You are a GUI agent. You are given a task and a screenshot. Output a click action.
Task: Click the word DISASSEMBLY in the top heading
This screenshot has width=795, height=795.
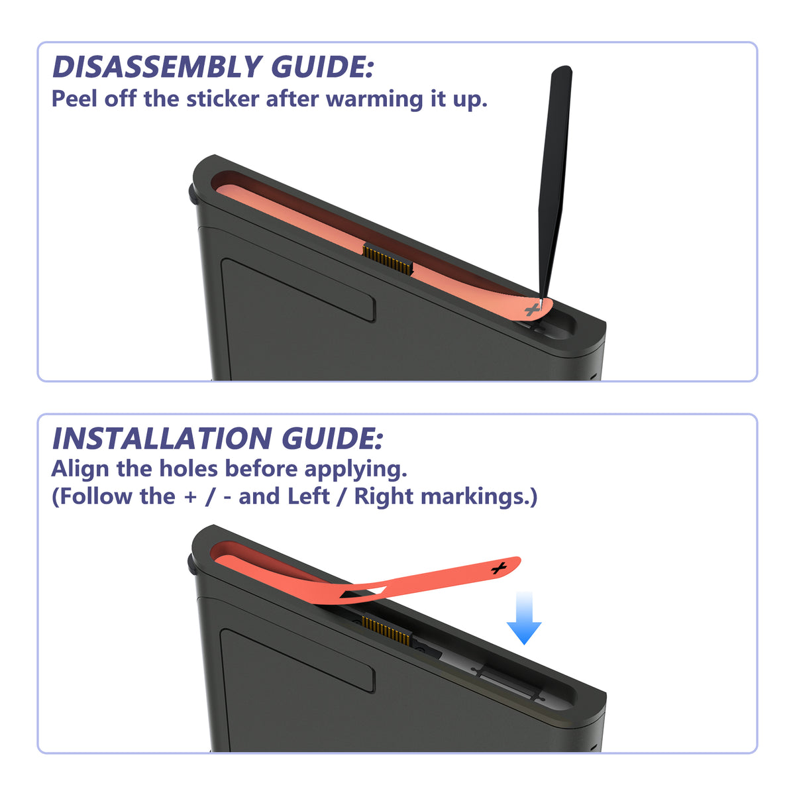[x=157, y=66]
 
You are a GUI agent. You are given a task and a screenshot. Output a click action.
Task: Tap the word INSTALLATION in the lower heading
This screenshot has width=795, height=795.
[x=162, y=438]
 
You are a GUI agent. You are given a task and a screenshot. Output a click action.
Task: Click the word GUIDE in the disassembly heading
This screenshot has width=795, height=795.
[x=322, y=66]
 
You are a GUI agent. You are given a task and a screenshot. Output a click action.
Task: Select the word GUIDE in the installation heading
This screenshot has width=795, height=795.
[x=332, y=438]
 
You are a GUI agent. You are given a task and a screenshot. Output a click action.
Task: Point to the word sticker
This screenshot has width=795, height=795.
[x=223, y=99]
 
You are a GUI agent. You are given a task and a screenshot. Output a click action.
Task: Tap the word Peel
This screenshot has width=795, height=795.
[x=74, y=99]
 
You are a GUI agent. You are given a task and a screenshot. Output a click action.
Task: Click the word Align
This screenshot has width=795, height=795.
[x=80, y=470]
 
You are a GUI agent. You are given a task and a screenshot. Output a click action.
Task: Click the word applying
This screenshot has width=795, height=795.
[x=356, y=470]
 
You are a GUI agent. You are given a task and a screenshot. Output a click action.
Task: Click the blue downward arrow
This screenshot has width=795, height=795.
[x=524, y=617]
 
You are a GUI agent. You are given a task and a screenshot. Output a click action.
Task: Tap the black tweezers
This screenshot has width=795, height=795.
[x=555, y=182]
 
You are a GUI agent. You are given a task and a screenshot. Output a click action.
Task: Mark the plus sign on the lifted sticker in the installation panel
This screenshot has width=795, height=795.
[x=500, y=568]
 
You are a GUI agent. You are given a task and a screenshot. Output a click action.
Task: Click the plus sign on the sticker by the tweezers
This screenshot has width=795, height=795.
[x=532, y=309]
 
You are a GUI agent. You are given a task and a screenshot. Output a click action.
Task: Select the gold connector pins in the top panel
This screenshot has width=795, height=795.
[x=388, y=259]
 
